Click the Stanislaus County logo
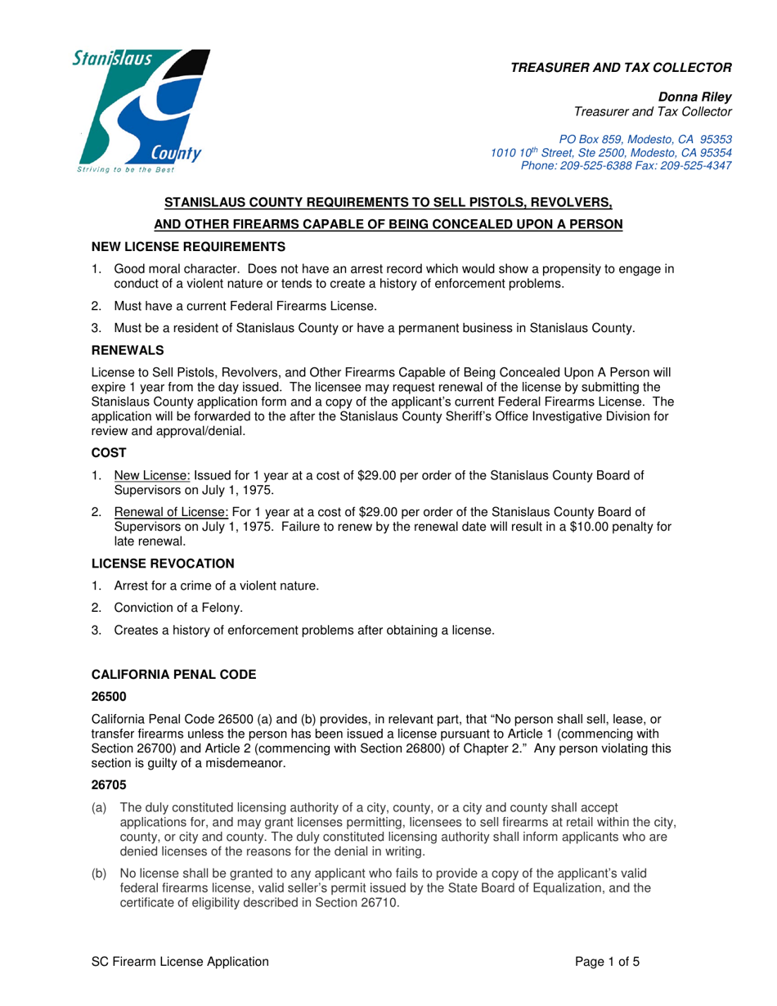click(141, 112)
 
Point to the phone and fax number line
click(626, 165)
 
